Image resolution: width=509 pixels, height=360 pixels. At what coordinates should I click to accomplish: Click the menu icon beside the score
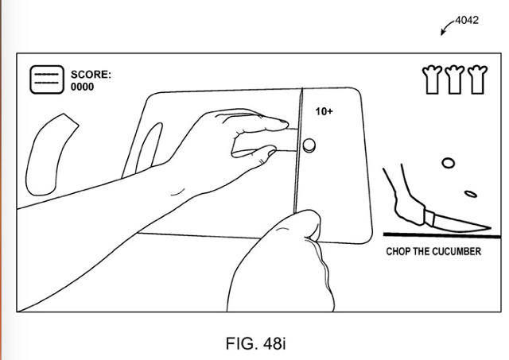pos(47,79)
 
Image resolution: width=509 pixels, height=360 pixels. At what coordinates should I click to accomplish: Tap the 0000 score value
pos(82,87)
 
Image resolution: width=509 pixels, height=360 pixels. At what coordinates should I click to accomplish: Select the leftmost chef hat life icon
pos(432,79)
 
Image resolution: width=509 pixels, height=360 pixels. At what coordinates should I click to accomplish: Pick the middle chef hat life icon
pos(454,79)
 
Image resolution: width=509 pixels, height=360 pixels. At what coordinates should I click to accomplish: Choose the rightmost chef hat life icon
pos(477,79)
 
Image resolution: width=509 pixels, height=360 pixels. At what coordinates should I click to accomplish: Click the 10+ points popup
pos(324,111)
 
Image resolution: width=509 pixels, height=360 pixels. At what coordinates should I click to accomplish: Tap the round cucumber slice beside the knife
pos(309,145)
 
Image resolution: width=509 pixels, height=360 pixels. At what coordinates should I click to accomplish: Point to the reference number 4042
pos(467,21)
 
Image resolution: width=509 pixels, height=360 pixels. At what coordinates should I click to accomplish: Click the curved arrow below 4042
pos(445,26)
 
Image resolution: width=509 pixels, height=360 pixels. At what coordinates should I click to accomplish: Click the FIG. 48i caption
pos(256,343)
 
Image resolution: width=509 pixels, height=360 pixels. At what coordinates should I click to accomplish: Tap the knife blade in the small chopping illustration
pos(461,224)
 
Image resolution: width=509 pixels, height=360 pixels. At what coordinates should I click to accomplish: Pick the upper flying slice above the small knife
pos(448,163)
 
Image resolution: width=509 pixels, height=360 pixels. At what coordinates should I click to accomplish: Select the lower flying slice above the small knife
pos(471,194)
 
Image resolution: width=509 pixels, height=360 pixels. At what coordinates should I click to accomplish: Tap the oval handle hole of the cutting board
pos(149,148)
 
